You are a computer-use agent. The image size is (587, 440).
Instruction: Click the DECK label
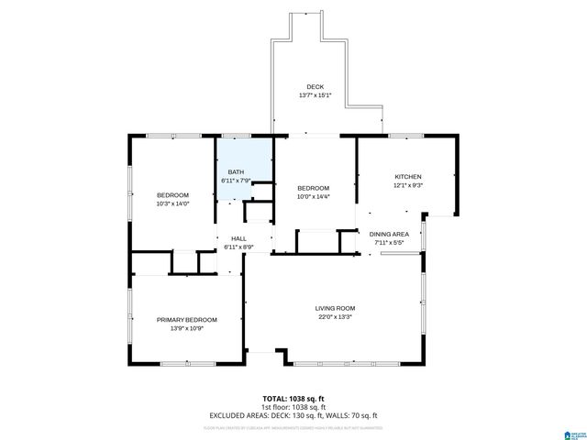click(x=315, y=87)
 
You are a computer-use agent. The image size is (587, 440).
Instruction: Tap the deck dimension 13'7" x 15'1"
click(x=315, y=95)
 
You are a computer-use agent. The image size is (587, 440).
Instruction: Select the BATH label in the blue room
click(x=236, y=172)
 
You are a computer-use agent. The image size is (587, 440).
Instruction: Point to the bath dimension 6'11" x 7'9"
click(x=236, y=181)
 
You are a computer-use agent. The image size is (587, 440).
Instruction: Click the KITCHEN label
click(x=408, y=177)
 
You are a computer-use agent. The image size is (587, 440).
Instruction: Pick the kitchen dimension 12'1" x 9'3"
click(x=408, y=185)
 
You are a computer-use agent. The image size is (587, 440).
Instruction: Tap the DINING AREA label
click(x=395, y=235)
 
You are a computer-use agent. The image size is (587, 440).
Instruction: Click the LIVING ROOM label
click(x=335, y=308)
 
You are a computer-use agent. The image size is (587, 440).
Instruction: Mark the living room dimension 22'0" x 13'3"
click(x=335, y=317)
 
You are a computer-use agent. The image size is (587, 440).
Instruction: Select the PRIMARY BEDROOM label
click(x=187, y=319)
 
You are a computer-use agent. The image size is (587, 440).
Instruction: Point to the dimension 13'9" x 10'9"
click(x=187, y=328)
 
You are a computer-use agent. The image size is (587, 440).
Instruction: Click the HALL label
click(x=238, y=238)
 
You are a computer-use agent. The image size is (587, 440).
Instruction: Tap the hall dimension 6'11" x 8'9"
click(x=238, y=247)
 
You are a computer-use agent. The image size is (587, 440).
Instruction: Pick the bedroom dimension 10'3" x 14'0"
click(x=172, y=203)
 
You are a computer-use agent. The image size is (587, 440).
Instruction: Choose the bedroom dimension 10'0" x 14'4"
click(x=313, y=196)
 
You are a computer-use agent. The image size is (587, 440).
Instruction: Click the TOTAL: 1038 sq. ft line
click(x=293, y=398)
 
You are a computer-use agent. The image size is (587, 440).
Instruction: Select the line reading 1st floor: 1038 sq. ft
click(x=293, y=406)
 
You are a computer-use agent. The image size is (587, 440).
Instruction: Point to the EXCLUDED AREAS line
click(x=293, y=415)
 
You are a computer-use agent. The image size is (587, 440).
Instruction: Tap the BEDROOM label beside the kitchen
click(x=313, y=188)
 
